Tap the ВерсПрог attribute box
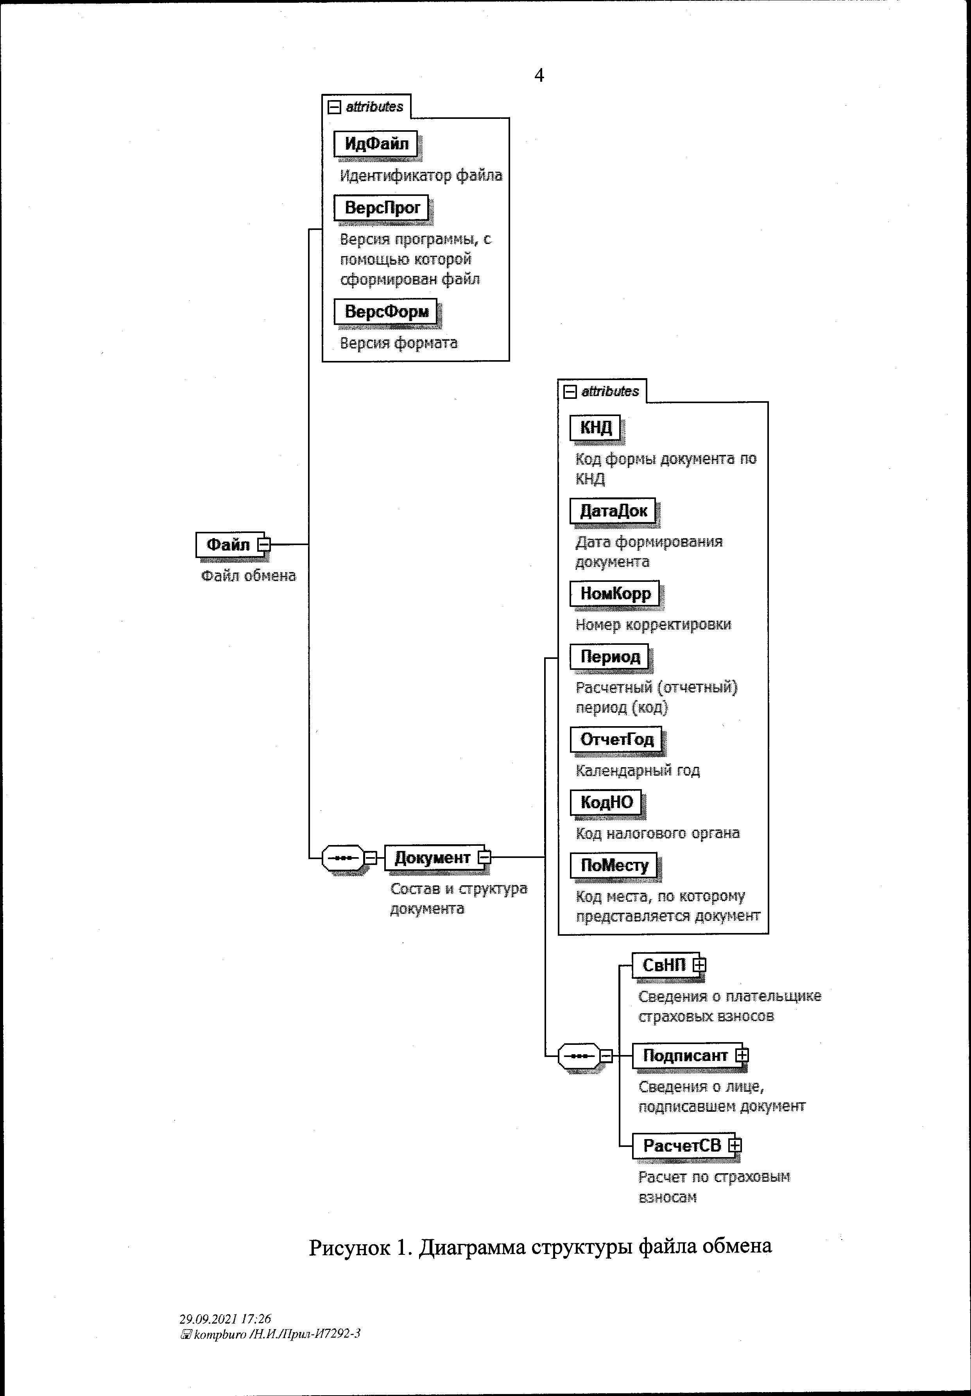pos(382,208)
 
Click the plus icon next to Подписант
pos(741,1055)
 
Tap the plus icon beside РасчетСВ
pos(735,1145)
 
